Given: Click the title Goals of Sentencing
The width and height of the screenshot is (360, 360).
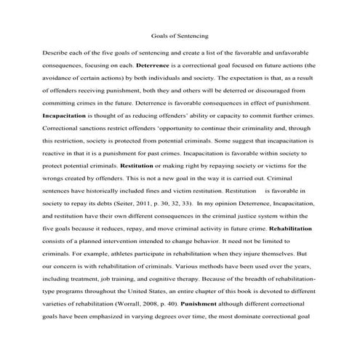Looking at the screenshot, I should tap(180, 35).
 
